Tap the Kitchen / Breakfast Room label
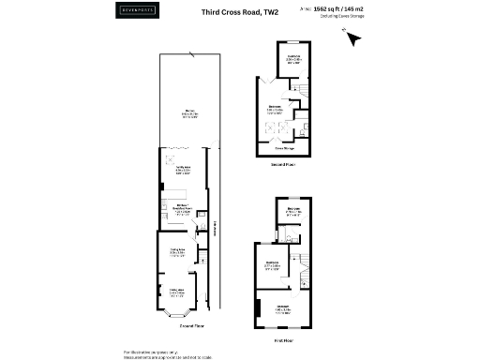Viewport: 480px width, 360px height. [x=182, y=208]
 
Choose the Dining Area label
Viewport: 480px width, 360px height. [x=177, y=251]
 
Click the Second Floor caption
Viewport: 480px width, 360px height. [x=284, y=163]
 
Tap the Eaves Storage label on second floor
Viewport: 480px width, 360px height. [x=285, y=148]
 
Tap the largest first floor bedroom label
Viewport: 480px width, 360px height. [x=283, y=307]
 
